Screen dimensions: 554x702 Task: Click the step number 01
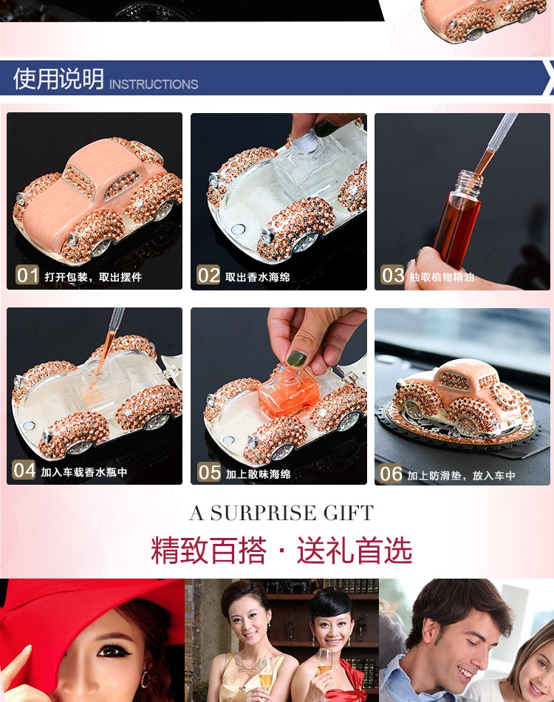pyautogui.click(x=27, y=276)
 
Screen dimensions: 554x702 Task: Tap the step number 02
pyautogui.click(x=208, y=276)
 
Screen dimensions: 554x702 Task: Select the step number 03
pyautogui.click(x=392, y=276)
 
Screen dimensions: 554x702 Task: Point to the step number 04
pyautogui.click(x=24, y=470)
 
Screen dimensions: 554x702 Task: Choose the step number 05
pyautogui.click(x=210, y=472)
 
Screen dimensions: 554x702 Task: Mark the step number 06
pyautogui.click(x=391, y=474)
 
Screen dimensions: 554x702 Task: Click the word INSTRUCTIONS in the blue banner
pyautogui.click(x=154, y=84)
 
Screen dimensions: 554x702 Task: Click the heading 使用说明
pyautogui.click(x=58, y=79)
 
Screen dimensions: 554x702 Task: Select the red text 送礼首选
pyautogui.click(x=354, y=551)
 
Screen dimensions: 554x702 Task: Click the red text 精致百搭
pyautogui.click(x=209, y=551)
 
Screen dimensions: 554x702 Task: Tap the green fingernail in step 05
pyautogui.click(x=296, y=358)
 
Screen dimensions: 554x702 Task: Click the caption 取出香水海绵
pyautogui.click(x=257, y=277)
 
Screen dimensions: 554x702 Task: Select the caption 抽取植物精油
pyautogui.click(x=442, y=277)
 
